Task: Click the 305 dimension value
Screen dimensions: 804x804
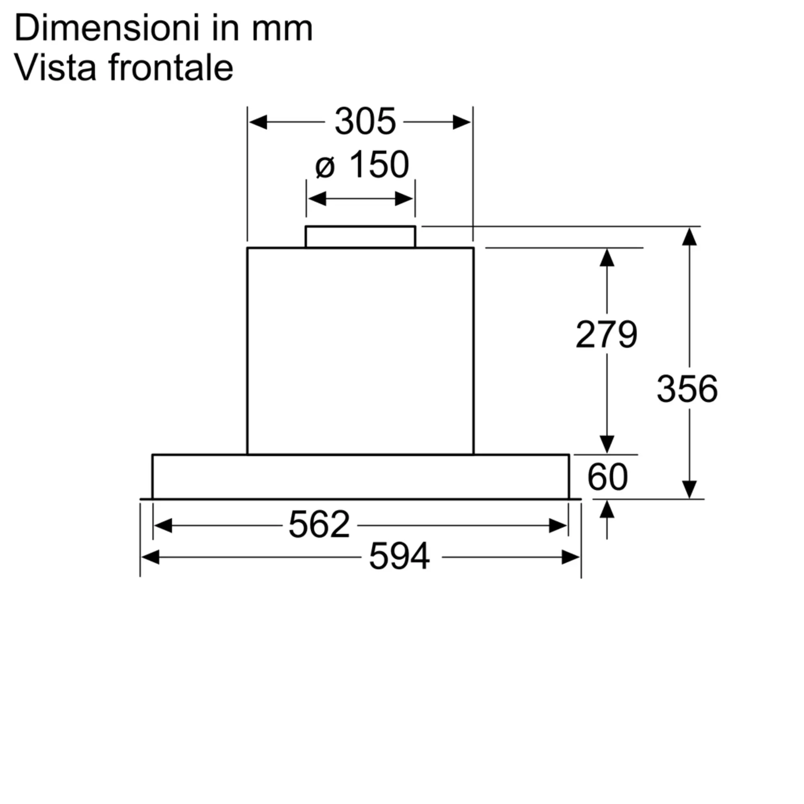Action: (x=365, y=121)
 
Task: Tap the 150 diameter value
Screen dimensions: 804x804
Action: (x=379, y=164)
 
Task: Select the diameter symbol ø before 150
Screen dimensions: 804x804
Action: (x=325, y=167)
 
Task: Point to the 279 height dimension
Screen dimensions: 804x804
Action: (x=606, y=334)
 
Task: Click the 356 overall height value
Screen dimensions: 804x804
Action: (x=687, y=389)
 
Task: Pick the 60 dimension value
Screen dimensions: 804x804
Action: (x=607, y=477)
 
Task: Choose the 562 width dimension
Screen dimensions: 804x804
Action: (x=319, y=524)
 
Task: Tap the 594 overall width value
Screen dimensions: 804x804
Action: (x=400, y=556)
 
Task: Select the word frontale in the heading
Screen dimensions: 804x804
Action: (x=171, y=67)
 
